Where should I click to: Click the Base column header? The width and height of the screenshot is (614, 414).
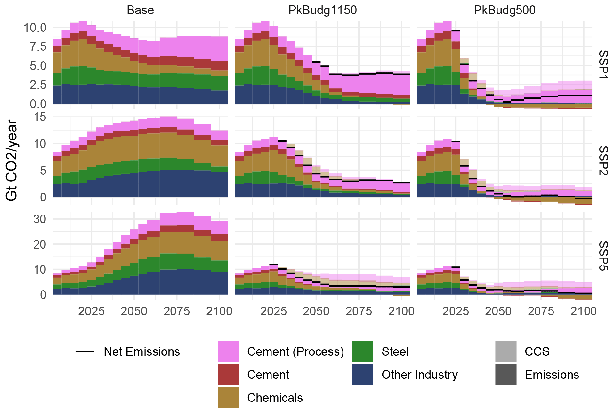coord(140,10)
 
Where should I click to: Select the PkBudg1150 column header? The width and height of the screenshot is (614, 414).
coord(322,10)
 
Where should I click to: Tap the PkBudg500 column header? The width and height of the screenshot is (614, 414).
coord(505,10)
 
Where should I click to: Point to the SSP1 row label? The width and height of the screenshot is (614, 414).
coord(603,64)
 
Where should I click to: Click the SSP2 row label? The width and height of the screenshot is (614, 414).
coord(603,160)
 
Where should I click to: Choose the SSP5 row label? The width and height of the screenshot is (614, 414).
coord(603,256)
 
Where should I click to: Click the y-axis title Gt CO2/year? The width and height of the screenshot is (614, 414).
coord(12,160)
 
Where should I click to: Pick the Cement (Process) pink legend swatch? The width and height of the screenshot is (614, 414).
coord(228,351)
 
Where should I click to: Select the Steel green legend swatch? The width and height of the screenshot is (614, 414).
coord(362,351)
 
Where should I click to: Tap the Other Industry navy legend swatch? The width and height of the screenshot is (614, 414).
coord(362,374)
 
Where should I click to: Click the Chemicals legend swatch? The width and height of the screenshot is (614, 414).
coord(228,397)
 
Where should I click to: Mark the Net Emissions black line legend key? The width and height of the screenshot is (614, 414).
coord(85,351)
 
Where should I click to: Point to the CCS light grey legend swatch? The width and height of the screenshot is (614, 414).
coord(505,351)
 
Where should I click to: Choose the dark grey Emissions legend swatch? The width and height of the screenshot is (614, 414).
coord(505,374)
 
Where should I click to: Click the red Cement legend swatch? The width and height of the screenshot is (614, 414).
coord(228,374)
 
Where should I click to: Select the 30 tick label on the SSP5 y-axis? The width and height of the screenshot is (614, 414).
coord(40,219)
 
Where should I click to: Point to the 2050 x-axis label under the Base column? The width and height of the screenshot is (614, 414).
coord(134,311)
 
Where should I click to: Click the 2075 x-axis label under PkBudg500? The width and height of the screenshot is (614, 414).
coord(541,311)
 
